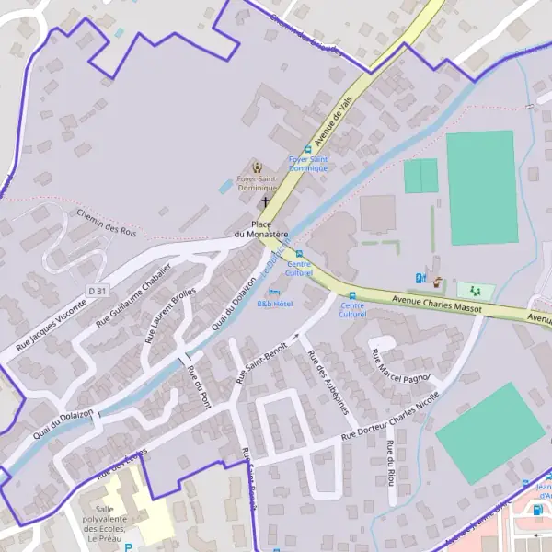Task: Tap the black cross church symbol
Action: [x=266, y=201]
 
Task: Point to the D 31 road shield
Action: [x=98, y=291]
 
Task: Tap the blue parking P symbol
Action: [x=128, y=546]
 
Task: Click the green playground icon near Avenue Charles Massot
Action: [x=476, y=290]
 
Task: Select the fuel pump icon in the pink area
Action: [x=536, y=509]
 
